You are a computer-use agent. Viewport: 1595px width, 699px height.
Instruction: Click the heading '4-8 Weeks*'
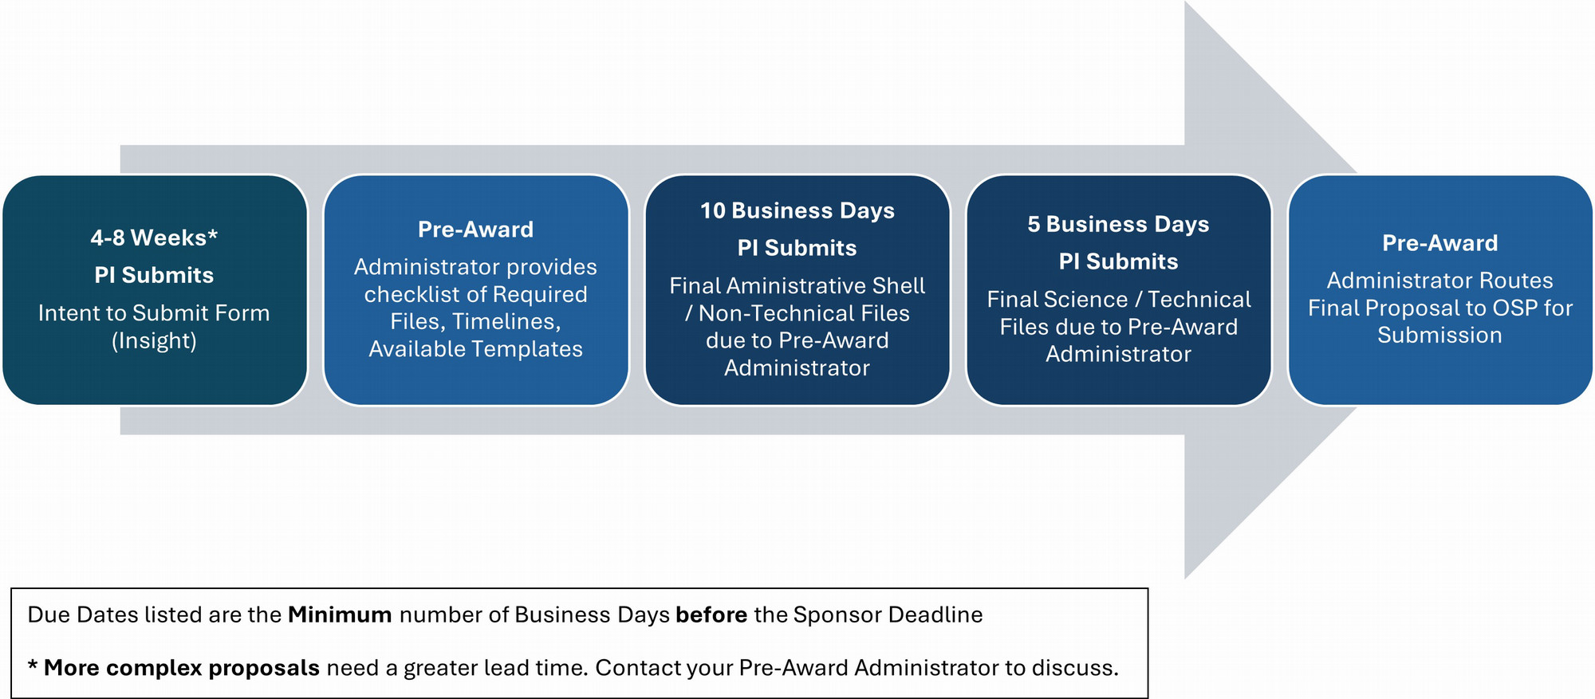154,238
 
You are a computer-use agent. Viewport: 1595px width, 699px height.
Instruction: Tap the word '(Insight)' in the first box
154,341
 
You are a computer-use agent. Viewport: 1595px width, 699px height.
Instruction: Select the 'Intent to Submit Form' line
154,313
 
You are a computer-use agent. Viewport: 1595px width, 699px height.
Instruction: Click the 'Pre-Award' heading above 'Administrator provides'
475,230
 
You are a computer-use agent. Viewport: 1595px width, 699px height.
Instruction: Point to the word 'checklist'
413,295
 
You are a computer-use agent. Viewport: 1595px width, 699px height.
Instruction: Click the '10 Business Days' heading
797,210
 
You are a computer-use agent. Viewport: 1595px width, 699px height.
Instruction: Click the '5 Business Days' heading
1118,224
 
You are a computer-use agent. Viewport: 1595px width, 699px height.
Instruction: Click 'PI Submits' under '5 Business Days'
1118,261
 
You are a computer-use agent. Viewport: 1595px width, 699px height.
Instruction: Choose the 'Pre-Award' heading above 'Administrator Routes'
1439,243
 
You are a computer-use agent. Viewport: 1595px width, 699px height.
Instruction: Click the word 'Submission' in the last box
1439,336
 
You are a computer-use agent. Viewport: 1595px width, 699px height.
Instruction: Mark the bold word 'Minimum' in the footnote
340,615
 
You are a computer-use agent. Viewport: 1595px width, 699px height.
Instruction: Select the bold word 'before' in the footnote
711,615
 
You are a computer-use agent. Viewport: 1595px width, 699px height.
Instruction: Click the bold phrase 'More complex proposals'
182,668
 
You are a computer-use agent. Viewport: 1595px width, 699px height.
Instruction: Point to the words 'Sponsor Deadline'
888,615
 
